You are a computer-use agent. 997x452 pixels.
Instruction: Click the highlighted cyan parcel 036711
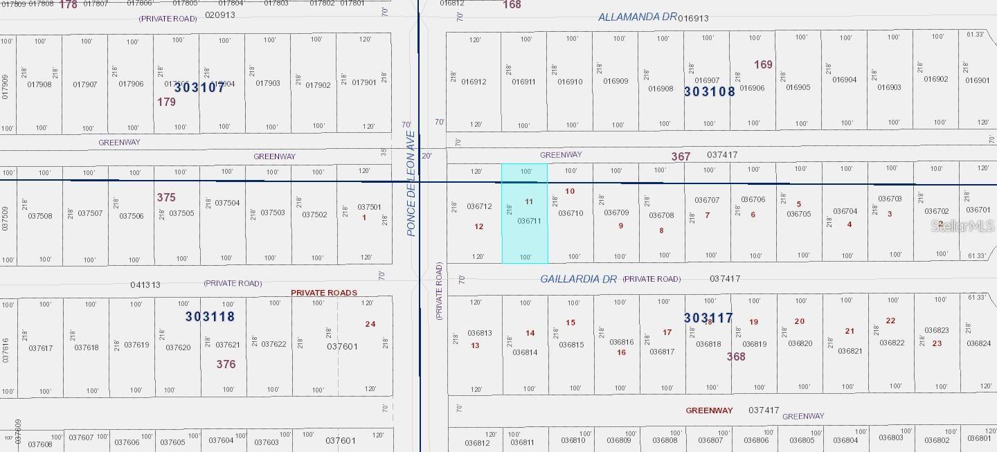click(525, 213)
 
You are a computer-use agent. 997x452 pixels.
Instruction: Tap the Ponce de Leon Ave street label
click(411, 184)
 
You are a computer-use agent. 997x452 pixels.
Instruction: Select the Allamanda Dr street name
click(637, 17)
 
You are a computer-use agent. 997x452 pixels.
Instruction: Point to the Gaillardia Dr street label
click(578, 279)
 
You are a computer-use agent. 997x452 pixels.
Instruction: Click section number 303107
click(199, 88)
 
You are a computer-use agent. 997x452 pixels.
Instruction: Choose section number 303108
click(709, 91)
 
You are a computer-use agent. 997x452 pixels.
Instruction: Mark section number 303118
click(210, 316)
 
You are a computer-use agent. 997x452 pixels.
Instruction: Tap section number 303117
click(708, 318)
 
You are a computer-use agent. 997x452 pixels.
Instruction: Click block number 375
click(166, 197)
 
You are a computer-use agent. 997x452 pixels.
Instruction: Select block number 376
click(226, 364)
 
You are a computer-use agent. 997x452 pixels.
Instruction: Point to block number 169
click(763, 64)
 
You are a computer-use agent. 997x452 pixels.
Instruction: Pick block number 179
click(166, 102)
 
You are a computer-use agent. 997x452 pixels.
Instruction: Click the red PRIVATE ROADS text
click(323, 293)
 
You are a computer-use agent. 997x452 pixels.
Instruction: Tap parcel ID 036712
click(479, 206)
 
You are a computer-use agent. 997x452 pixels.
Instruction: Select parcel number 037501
click(369, 207)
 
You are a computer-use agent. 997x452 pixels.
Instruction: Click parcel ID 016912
click(474, 82)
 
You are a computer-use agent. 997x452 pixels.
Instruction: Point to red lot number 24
click(370, 324)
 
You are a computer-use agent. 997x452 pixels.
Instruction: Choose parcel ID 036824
click(978, 343)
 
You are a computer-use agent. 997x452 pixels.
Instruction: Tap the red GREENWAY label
click(709, 410)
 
